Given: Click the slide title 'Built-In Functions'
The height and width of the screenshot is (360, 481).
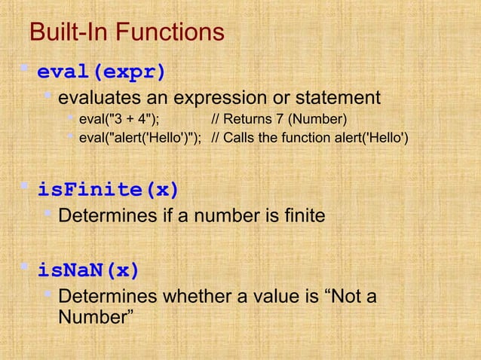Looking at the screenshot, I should (126, 32).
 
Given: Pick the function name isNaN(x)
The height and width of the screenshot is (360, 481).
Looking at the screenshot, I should (89, 269).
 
